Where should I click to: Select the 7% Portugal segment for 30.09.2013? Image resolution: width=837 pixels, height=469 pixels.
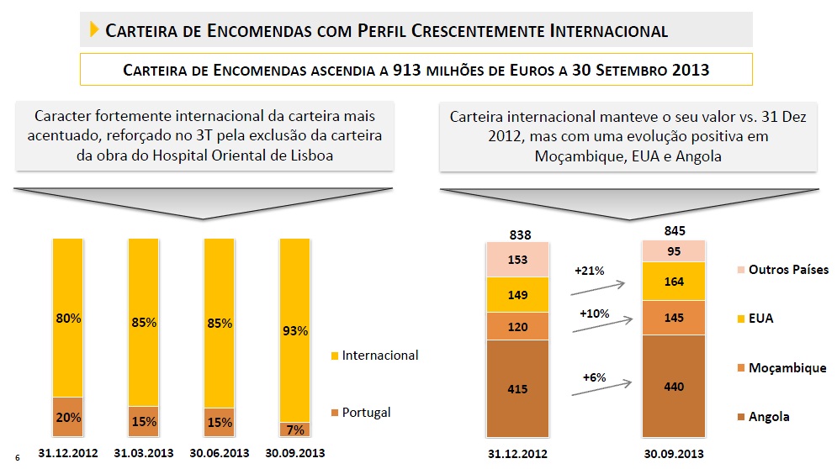coord(294,429)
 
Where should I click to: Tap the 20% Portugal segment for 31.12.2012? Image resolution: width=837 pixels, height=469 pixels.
coord(67,416)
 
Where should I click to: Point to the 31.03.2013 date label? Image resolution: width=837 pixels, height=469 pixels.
coord(142,453)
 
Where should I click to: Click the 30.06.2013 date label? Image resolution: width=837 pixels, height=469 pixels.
coord(218,453)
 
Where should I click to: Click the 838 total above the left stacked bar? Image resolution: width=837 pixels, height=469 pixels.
coord(518,234)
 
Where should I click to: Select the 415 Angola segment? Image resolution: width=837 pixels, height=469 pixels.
coord(518,389)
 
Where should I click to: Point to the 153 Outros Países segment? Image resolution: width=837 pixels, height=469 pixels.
coord(518,260)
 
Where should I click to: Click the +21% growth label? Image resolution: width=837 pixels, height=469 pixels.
coord(590,271)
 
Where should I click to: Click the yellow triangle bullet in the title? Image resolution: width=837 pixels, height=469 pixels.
coord(93,31)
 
